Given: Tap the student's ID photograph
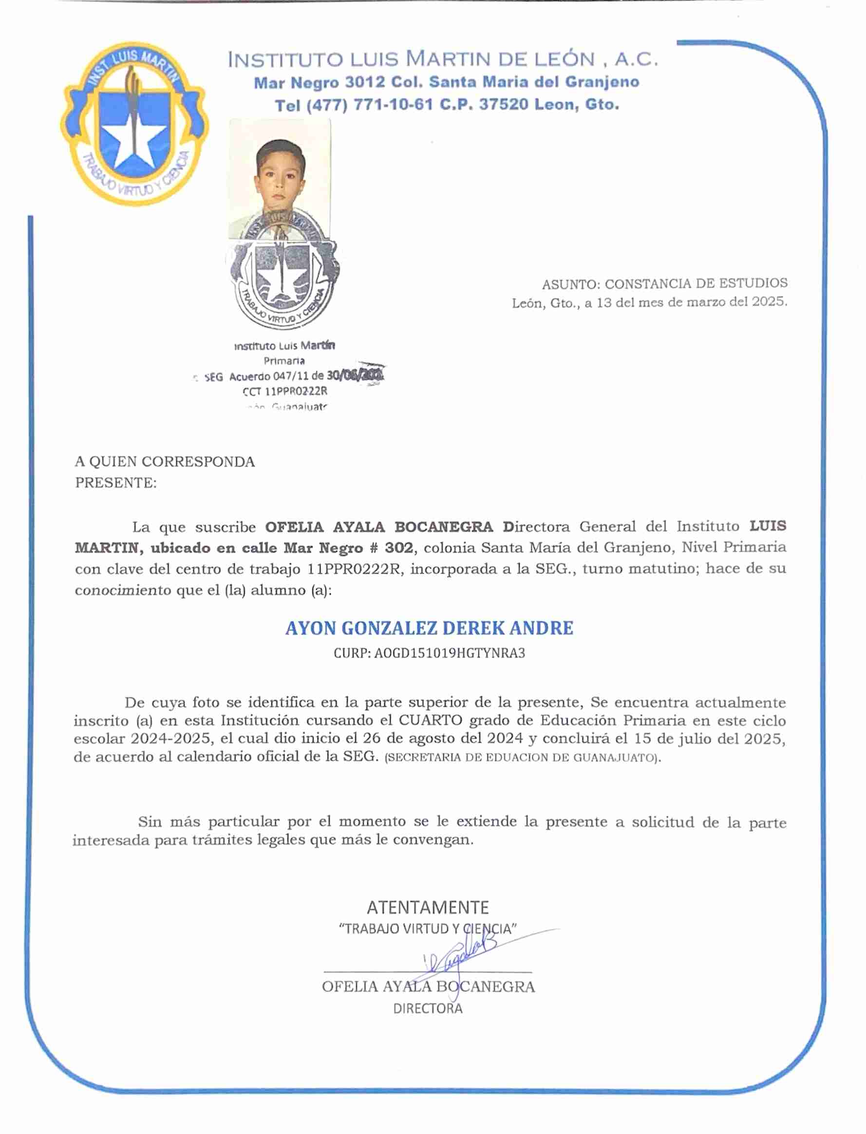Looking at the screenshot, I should pyautogui.click(x=280, y=178).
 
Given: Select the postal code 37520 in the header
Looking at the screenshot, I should pyautogui.click(x=504, y=105).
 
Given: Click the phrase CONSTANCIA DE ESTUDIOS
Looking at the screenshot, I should pyautogui.click(x=696, y=283).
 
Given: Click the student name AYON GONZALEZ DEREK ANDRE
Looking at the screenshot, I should pyautogui.click(x=429, y=628).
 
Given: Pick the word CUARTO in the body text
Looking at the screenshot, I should pyautogui.click(x=423, y=721).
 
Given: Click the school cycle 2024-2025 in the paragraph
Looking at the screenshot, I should pyautogui.click(x=170, y=739).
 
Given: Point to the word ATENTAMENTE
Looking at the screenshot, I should pyautogui.click(x=427, y=907).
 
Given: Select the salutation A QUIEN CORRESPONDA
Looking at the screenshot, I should pyautogui.click(x=165, y=462).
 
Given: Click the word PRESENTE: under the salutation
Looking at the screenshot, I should pyautogui.click(x=116, y=483).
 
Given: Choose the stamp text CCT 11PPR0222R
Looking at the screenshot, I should pyautogui.click(x=284, y=391).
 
